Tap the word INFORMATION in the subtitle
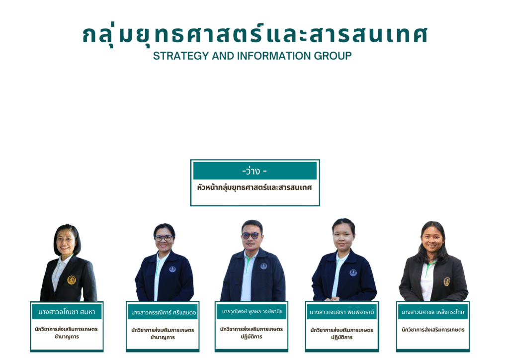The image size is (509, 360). point(274,56)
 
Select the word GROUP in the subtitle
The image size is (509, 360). point(333,56)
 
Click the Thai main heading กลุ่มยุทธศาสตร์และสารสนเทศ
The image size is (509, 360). point(255,35)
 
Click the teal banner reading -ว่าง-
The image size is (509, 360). point(255,171)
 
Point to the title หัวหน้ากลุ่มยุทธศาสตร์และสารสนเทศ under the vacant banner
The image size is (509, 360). point(254,187)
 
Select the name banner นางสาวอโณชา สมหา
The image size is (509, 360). point(67,312)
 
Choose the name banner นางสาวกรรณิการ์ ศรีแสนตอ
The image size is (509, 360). point(163,312)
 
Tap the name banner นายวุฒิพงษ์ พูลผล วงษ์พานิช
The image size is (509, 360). point(252,311)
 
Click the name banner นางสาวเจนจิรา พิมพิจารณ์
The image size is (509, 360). point(342,312)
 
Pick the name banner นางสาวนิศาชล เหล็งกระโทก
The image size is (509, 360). point(433,312)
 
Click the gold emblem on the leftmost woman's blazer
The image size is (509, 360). point(72,280)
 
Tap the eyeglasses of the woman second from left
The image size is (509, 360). point(163,238)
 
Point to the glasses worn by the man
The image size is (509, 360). point(251,236)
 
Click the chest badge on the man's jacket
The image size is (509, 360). point(263,266)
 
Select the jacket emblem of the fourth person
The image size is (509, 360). point(353,272)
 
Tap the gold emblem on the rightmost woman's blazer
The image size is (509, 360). point(447,281)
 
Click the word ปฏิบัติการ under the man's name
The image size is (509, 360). point(252,337)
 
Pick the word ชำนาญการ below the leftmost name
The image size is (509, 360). point(67,337)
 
